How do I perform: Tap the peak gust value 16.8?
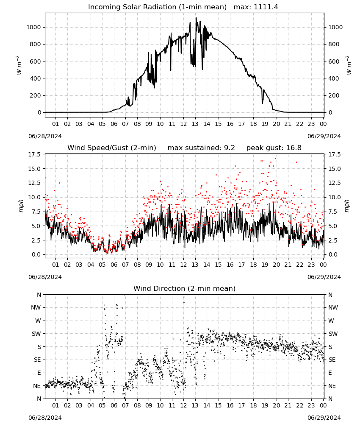click(x=293, y=148)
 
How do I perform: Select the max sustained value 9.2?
click(x=230, y=148)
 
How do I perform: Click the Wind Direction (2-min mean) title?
click(x=185, y=288)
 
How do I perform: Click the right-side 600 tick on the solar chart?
click(x=334, y=61)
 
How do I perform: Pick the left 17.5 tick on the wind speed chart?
click(x=35, y=154)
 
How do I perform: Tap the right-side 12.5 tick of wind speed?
click(x=334, y=183)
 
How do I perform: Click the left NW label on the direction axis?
click(x=36, y=307)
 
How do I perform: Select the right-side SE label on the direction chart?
click(x=332, y=360)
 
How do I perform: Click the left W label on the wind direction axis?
click(x=38, y=321)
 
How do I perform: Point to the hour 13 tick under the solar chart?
click(x=195, y=124)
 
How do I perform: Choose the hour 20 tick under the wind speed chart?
click(x=276, y=265)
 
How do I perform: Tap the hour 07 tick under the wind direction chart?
click(x=125, y=405)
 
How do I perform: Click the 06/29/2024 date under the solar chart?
click(x=324, y=136)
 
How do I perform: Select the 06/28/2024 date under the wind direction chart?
click(x=45, y=418)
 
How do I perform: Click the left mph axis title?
click(x=21, y=206)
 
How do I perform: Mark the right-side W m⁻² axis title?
click(x=348, y=65)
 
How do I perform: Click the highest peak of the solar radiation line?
click(x=196, y=17)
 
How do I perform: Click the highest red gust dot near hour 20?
click(x=275, y=159)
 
